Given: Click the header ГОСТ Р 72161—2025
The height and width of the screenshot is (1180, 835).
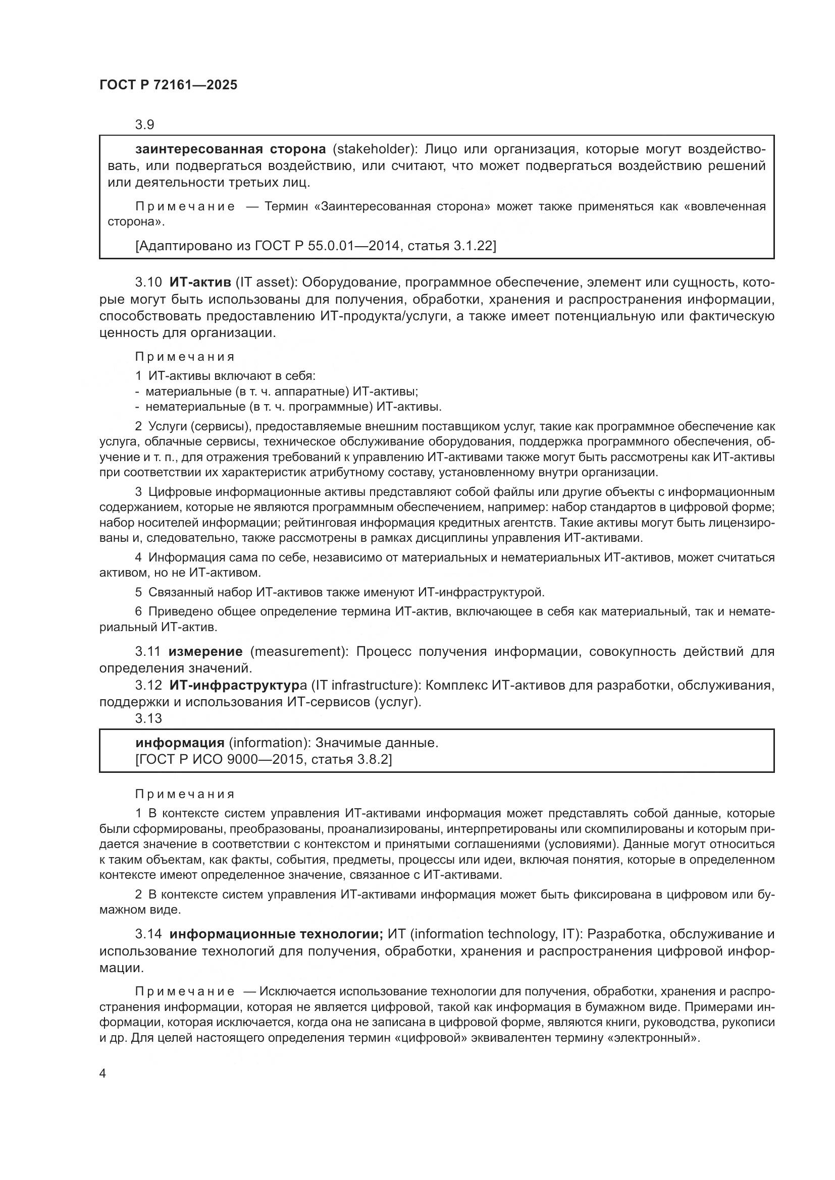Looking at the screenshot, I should [168, 85].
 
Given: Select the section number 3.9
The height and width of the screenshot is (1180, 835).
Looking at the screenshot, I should [145, 125].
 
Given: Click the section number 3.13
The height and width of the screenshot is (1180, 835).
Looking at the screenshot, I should [148, 718].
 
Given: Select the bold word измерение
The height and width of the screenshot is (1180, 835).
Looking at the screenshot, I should [205, 652].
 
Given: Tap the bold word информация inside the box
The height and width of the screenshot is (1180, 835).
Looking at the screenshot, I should [180, 743].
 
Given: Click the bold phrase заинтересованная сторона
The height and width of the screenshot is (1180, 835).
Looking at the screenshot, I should [230, 149].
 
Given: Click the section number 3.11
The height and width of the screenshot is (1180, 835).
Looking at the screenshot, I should [148, 652].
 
